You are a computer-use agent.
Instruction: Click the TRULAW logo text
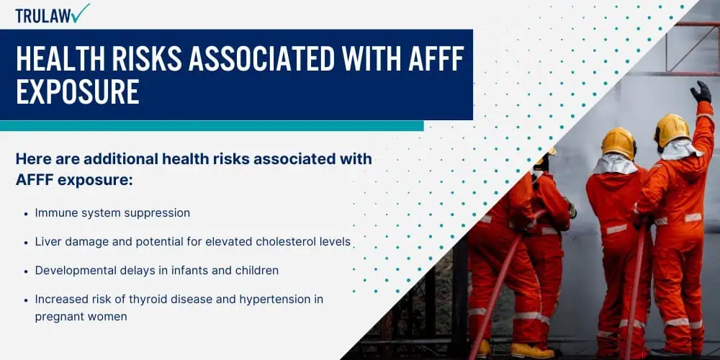[43, 15]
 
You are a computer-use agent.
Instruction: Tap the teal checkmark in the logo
[81, 13]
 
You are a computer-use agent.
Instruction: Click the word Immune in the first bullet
[53, 213]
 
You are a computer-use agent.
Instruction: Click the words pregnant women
[81, 317]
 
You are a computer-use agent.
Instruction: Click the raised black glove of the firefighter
[701, 92]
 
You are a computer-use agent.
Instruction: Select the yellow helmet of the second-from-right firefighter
[618, 143]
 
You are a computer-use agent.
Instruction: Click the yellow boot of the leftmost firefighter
[483, 349]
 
